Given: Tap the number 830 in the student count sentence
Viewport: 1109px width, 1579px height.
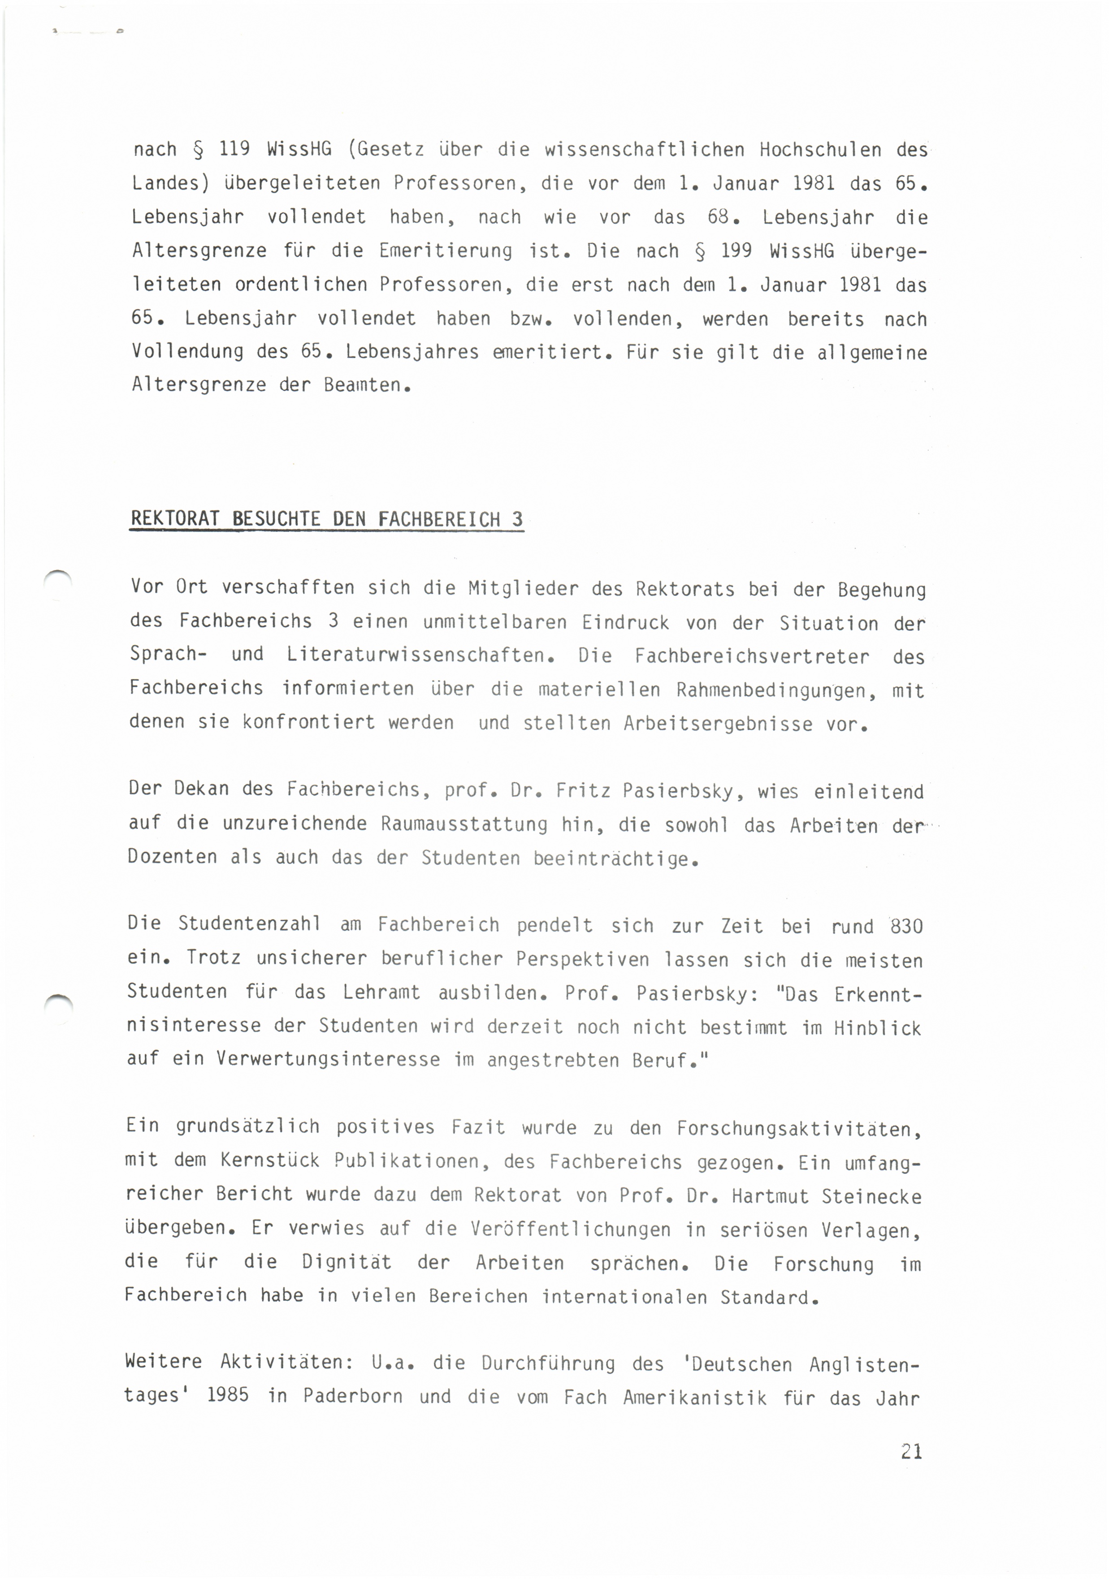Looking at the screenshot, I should (906, 926).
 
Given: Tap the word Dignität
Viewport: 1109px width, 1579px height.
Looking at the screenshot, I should (346, 1263).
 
